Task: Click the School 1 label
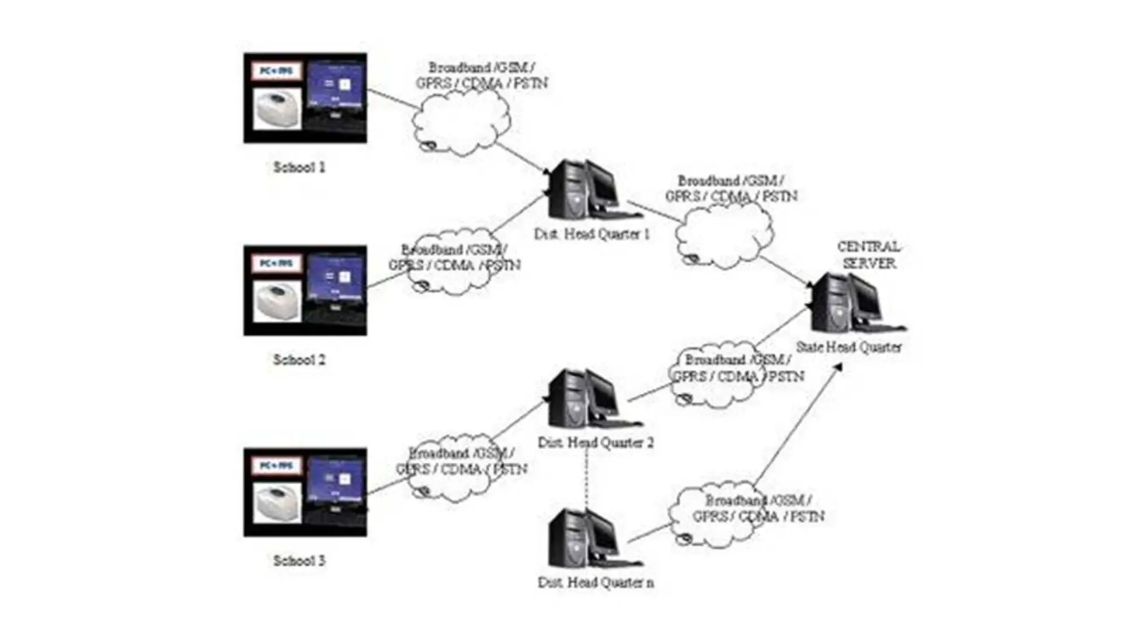299,168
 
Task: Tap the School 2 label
299,360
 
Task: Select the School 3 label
299,561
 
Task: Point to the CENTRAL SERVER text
869,255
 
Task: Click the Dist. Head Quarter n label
596,583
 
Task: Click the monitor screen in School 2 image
336,275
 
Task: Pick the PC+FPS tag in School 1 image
276,71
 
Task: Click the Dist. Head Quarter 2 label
596,442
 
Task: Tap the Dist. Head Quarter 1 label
591,234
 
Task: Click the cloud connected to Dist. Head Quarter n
715,514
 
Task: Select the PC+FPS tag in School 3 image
276,466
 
